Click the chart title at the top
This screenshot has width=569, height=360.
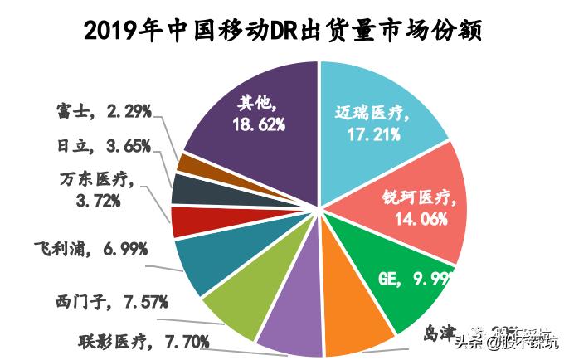tap(284, 30)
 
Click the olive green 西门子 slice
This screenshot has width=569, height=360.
tap(232, 307)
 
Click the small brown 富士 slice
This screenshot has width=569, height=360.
tap(191, 164)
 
